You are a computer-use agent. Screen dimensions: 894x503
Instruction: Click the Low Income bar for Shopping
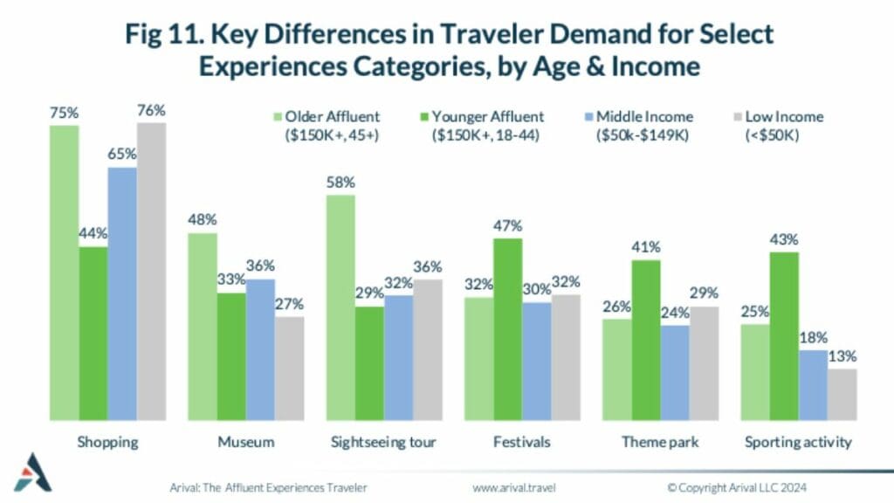pyautogui.click(x=151, y=272)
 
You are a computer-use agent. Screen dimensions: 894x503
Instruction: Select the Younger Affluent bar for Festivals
pyautogui.click(x=508, y=329)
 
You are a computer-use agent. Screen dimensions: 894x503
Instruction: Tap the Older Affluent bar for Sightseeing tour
pyautogui.click(x=340, y=308)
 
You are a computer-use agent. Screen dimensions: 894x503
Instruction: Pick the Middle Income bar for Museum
pyautogui.click(x=260, y=350)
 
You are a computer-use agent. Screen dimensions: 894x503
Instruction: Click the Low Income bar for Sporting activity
pyautogui.click(x=842, y=395)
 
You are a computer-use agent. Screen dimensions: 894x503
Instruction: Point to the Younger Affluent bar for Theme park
pyautogui.click(x=646, y=341)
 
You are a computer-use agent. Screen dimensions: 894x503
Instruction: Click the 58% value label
pyautogui.click(x=341, y=183)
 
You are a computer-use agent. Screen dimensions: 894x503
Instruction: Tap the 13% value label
pyautogui.click(x=842, y=356)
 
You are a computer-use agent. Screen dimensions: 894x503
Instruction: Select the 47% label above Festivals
pyautogui.click(x=508, y=226)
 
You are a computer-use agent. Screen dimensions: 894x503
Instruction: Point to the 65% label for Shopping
pyautogui.click(x=122, y=154)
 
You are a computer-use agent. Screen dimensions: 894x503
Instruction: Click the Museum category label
pyautogui.click(x=245, y=442)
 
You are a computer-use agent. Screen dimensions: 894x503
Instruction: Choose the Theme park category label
pyautogui.click(x=660, y=442)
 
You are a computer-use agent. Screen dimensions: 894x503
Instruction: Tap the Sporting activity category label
pyautogui.click(x=798, y=443)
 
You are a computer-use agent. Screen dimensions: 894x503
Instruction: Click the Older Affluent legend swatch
pyautogui.click(x=278, y=117)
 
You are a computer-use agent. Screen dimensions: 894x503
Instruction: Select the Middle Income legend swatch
pyautogui.click(x=589, y=117)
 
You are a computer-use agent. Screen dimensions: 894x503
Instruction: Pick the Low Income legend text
pyautogui.click(x=785, y=126)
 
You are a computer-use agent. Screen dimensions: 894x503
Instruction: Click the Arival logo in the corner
pyautogui.click(x=32, y=472)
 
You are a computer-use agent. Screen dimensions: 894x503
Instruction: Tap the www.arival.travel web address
pyautogui.click(x=513, y=487)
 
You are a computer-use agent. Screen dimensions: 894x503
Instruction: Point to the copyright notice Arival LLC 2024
pyautogui.click(x=737, y=487)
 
